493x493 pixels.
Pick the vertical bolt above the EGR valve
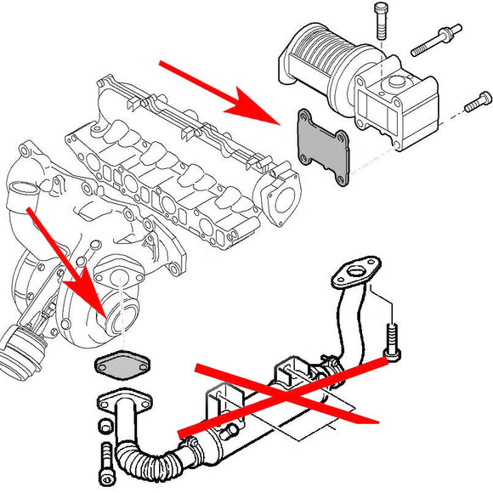379,20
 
